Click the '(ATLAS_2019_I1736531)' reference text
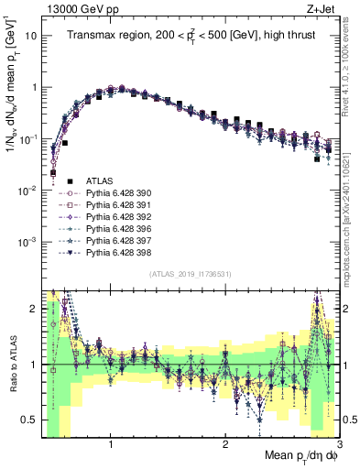[x=190, y=275]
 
